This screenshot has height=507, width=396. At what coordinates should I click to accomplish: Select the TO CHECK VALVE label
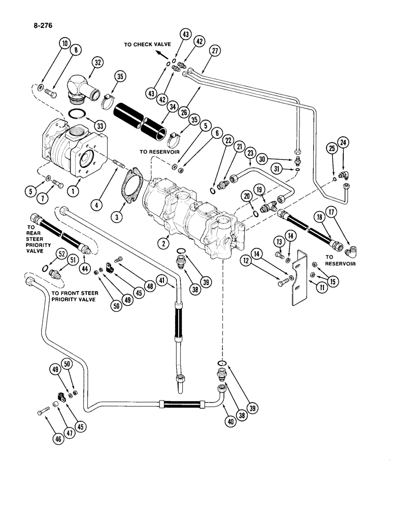[x=146, y=45]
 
